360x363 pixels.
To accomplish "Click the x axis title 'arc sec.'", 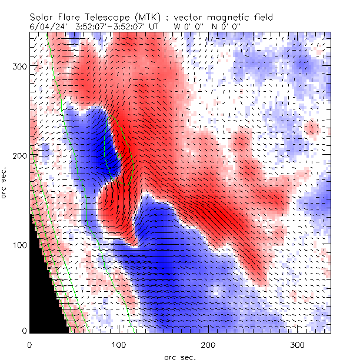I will (180, 357).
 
